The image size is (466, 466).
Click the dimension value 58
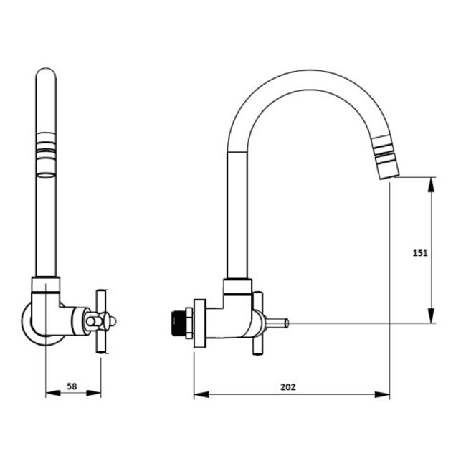tap(72, 386)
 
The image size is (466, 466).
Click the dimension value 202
tap(288, 387)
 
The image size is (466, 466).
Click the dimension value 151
tap(420, 253)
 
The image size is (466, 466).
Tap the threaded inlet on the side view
tap(179, 323)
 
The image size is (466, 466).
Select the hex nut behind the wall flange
tap(189, 323)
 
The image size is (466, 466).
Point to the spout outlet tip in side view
tap(387, 175)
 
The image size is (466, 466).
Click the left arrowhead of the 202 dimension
tap(201, 395)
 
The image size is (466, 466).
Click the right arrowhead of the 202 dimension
tap(382, 395)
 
